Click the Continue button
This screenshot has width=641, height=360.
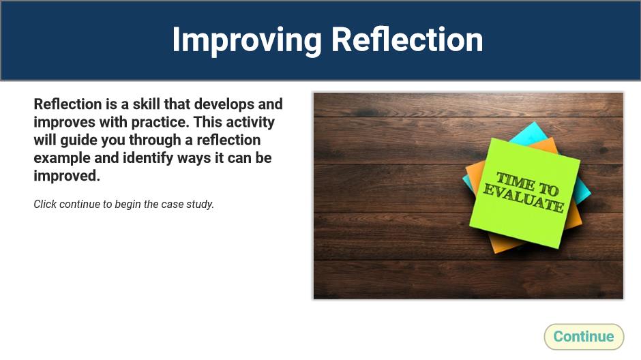point(584,337)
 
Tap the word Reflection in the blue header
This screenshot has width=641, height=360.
point(406,40)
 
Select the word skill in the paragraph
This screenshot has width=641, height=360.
point(147,104)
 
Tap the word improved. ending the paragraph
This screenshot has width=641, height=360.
point(67,176)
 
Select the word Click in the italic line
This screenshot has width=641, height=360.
point(45,205)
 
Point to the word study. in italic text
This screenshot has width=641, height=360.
point(200,205)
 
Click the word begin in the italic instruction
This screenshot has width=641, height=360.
point(128,205)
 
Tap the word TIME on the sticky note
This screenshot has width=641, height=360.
point(515,181)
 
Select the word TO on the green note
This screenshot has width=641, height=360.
point(548,189)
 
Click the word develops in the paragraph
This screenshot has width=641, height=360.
point(224,104)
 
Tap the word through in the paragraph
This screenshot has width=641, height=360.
point(155,140)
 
